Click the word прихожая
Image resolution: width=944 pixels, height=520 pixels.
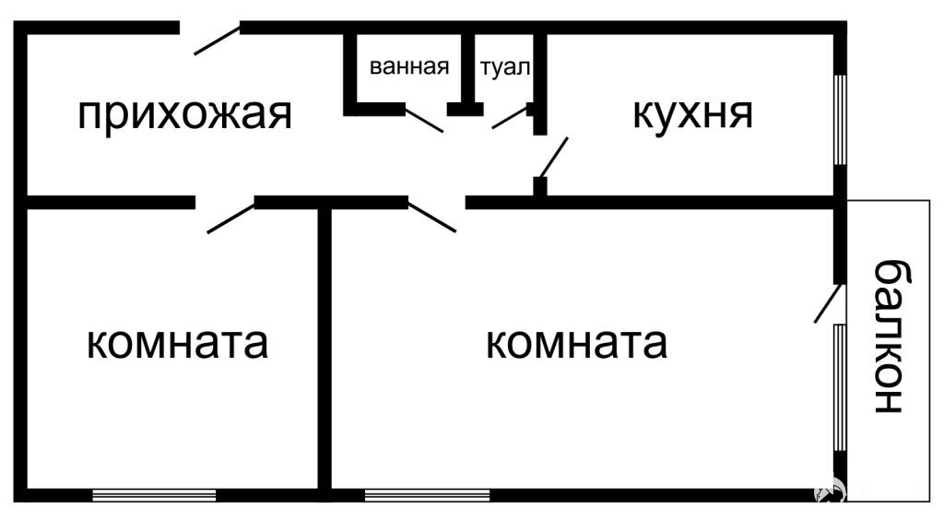pos(184,114)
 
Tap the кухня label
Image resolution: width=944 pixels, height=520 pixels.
pos(692,113)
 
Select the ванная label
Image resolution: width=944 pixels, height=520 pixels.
pos(409,66)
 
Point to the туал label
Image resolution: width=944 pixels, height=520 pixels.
pos(506,67)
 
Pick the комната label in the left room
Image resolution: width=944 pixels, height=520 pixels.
pos(177,344)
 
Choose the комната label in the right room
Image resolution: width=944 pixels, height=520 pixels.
pos(576,344)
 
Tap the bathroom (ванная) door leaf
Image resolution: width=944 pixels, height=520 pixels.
pos(424,120)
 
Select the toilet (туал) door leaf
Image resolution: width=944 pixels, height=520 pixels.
pos(511,118)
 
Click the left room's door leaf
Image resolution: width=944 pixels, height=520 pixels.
pos(231,218)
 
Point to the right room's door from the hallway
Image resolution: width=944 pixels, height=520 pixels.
pos(432,218)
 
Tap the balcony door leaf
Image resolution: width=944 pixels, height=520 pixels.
pos(827,302)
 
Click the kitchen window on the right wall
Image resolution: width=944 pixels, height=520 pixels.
pos(841,119)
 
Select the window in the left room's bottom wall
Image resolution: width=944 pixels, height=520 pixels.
pos(154,495)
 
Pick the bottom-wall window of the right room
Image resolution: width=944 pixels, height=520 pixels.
pos(428,495)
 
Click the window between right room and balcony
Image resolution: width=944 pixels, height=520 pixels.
pos(841,388)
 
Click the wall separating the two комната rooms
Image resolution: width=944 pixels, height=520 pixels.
pos(324,349)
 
